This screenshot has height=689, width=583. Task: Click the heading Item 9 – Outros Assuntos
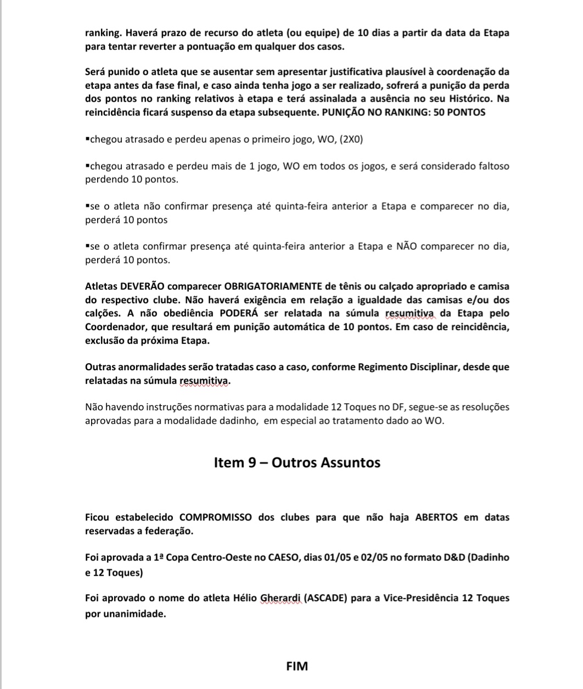coord(296,462)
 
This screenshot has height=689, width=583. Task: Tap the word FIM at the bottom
coord(297,667)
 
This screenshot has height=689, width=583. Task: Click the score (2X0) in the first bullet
coord(351,139)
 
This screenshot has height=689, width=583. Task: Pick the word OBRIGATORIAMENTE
coord(273,286)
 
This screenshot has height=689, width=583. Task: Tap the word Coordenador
coord(114,327)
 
